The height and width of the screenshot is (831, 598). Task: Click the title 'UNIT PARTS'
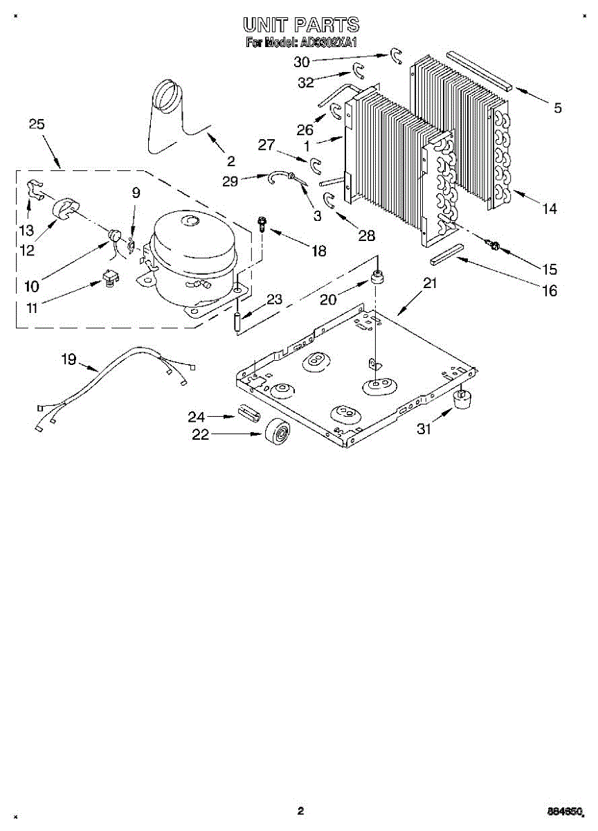(x=301, y=25)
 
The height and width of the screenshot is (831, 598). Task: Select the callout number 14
(x=549, y=207)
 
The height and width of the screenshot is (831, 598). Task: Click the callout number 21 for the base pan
(x=431, y=283)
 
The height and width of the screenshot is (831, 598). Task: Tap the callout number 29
(x=230, y=181)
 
